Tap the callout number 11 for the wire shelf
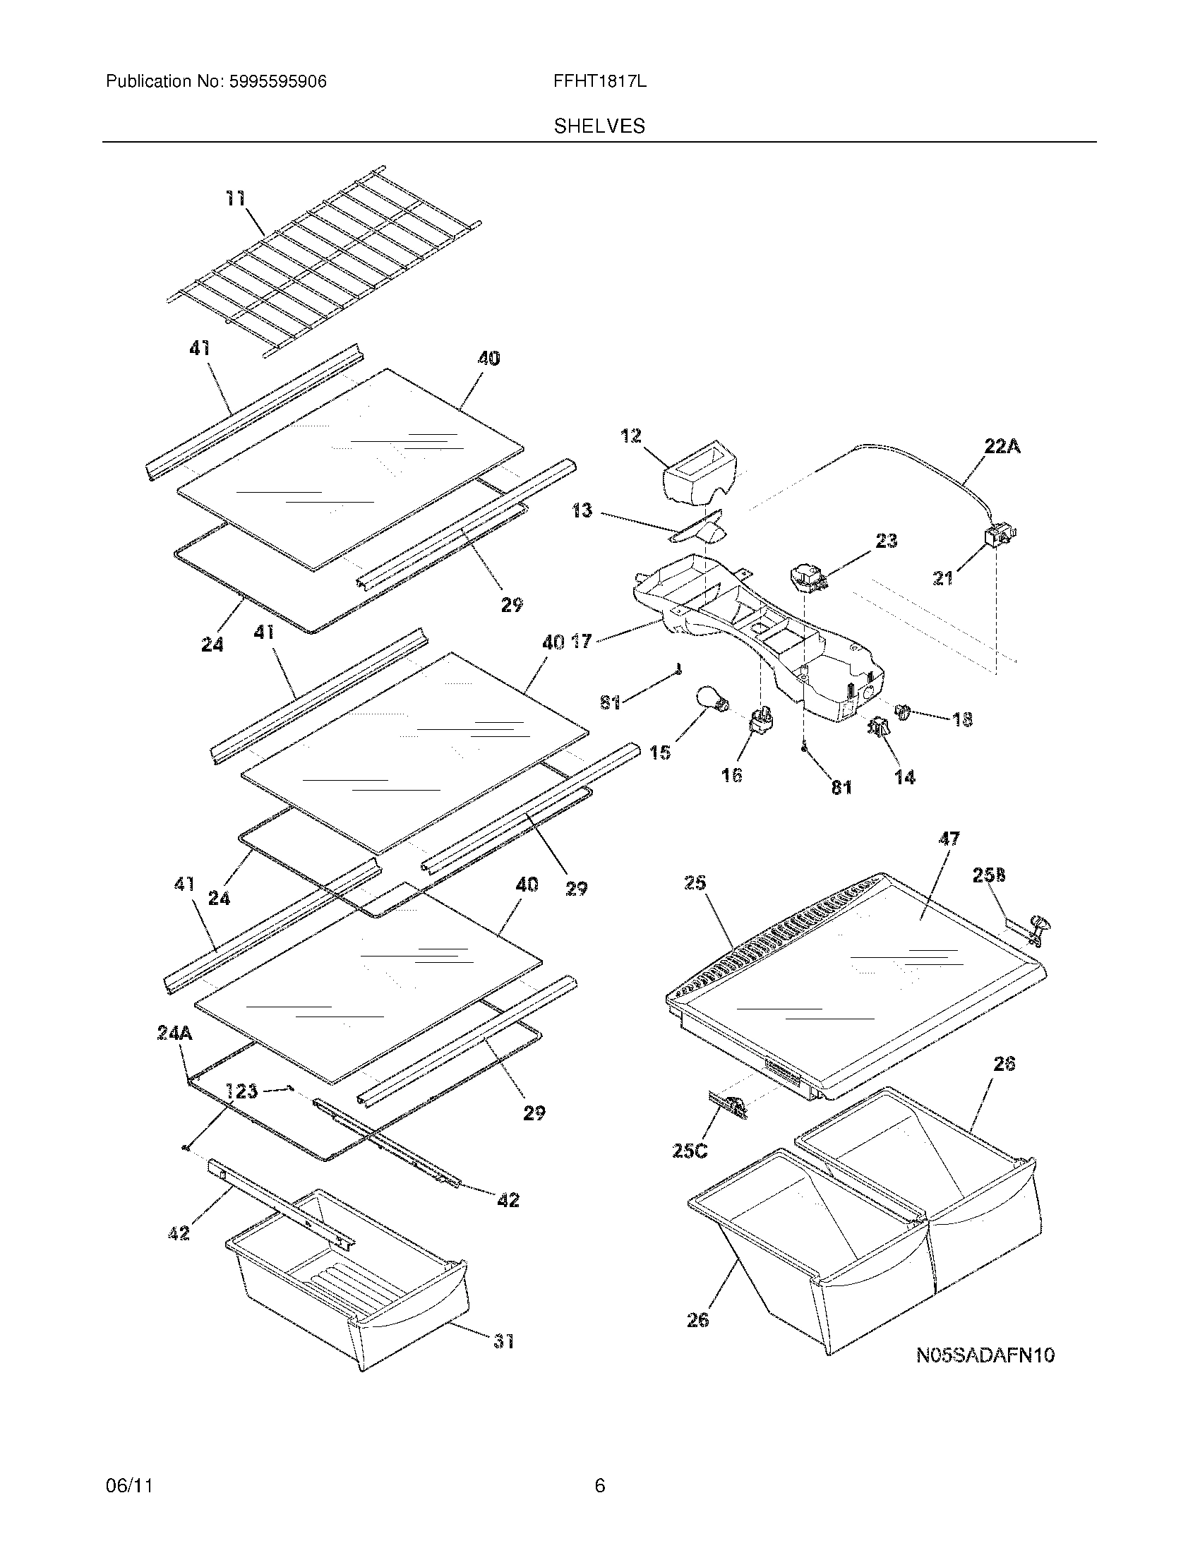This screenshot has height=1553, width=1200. pyautogui.click(x=235, y=198)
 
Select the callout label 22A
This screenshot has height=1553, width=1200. pyautogui.click(x=1002, y=447)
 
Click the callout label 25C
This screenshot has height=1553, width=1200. pyautogui.click(x=690, y=1150)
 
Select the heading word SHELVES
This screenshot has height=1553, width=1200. pyautogui.click(x=599, y=126)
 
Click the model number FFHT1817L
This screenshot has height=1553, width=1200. pyautogui.click(x=599, y=82)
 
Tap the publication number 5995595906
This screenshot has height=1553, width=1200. pyautogui.click(x=278, y=82)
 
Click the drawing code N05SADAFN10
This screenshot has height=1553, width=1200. pyautogui.click(x=985, y=1355)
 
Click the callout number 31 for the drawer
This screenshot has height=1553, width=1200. pyautogui.click(x=503, y=1341)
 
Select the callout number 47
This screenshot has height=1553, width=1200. pyautogui.click(x=949, y=839)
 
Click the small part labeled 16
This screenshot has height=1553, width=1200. pyautogui.click(x=760, y=721)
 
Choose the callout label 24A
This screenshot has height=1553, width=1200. pyautogui.click(x=174, y=1033)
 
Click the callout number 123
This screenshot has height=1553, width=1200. pyautogui.click(x=241, y=1091)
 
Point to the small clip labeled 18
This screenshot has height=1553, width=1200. pyautogui.click(x=904, y=710)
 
